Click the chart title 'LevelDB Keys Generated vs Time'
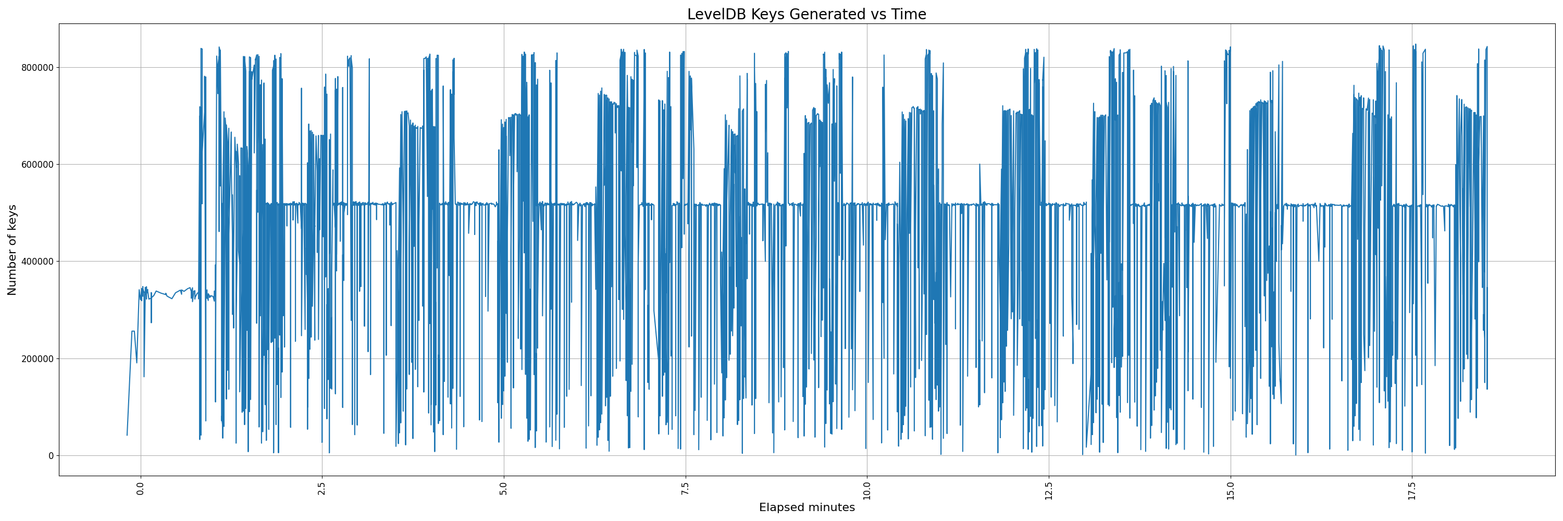pyautogui.click(x=807, y=15)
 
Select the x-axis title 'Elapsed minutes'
pyautogui.click(x=807, y=507)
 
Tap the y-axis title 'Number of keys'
pyautogui.click(x=13, y=250)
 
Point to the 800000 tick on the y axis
pyautogui.click(x=36, y=67)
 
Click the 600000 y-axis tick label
pyautogui.click(x=36, y=164)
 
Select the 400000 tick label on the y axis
pyautogui.click(x=36, y=262)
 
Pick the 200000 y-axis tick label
pyautogui.click(x=36, y=358)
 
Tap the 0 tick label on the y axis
pyautogui.click(x=51, y=455)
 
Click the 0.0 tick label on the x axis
pyautogui.click(x=141, y=489)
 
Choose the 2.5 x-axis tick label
pyautogui.click(x=322, y=489)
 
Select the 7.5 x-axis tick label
pyautogui.click(x=686, y=489)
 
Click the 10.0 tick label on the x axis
pyautogui.click(x=867, y=491)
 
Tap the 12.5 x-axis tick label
pyautogui.click(x=1048, y=491)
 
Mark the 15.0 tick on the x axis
pyautogui.click(x=1231, y=491)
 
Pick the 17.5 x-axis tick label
pyautogui.click(x=1412, y=491)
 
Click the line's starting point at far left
pyautogui.click(x=127, y=435)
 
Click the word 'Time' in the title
pyautogui.click(x=908, y=15)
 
